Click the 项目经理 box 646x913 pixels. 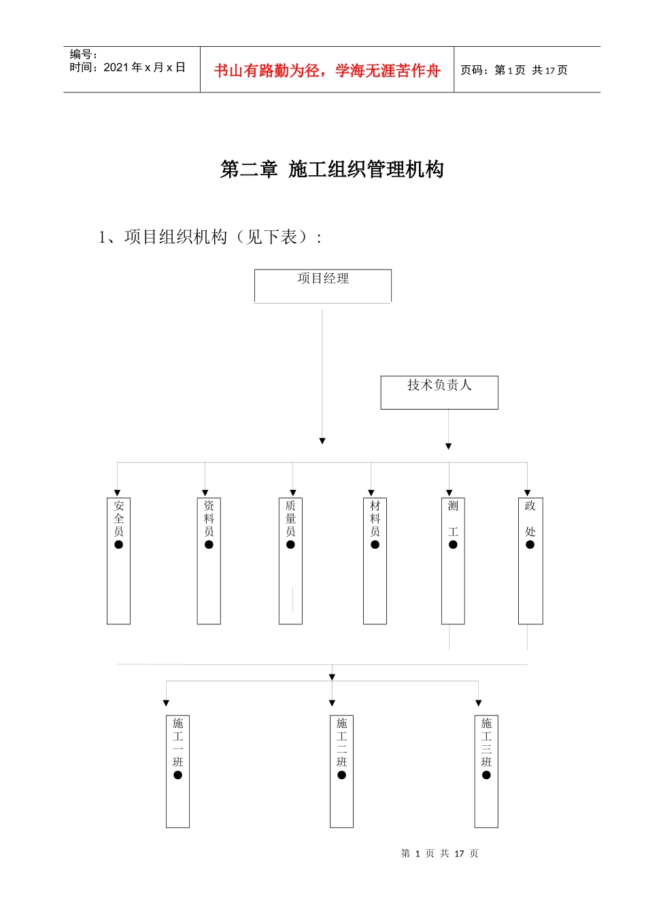pyautogui.click(x=323, y=285)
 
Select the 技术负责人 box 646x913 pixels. pyautogui.click(x=439, y=393)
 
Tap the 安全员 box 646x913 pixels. pyautogui.click(x=118, y=560)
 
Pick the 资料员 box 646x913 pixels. pyautogui.click(x=209, y=560)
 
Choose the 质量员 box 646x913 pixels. pyautogui.click(x=290, y=560)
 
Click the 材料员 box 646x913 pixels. pyautogui.click(x=375, y=560)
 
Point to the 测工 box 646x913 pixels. pyautogui.click(x=453, y=560)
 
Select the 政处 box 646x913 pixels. pyautogui.click(x=530, y=560)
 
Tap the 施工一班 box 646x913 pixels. pyautogui.click(x=177, y=771)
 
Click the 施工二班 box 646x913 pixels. pyautogui.click(x=341, y=771)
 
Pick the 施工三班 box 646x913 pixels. pyautogui.click(x=486, y=771)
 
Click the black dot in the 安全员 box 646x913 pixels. pyautogui.click(x=118, y=545)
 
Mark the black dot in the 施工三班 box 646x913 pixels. pyautogui.click(x=486, y=775)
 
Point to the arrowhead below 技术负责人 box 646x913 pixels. pyautogui.click(x=448, y=446)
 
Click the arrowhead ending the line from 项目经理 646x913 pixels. pyautogui.click(x=322, y=441)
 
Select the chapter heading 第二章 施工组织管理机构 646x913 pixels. pyautogui.click(x=332, y=169)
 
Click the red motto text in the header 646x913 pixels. pyautogui.click(x=327, y=71)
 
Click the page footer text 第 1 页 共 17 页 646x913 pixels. pyautogui.click(x=439, y=853)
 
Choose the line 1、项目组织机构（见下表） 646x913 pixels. pyautogui.click(x=210, y=237)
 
